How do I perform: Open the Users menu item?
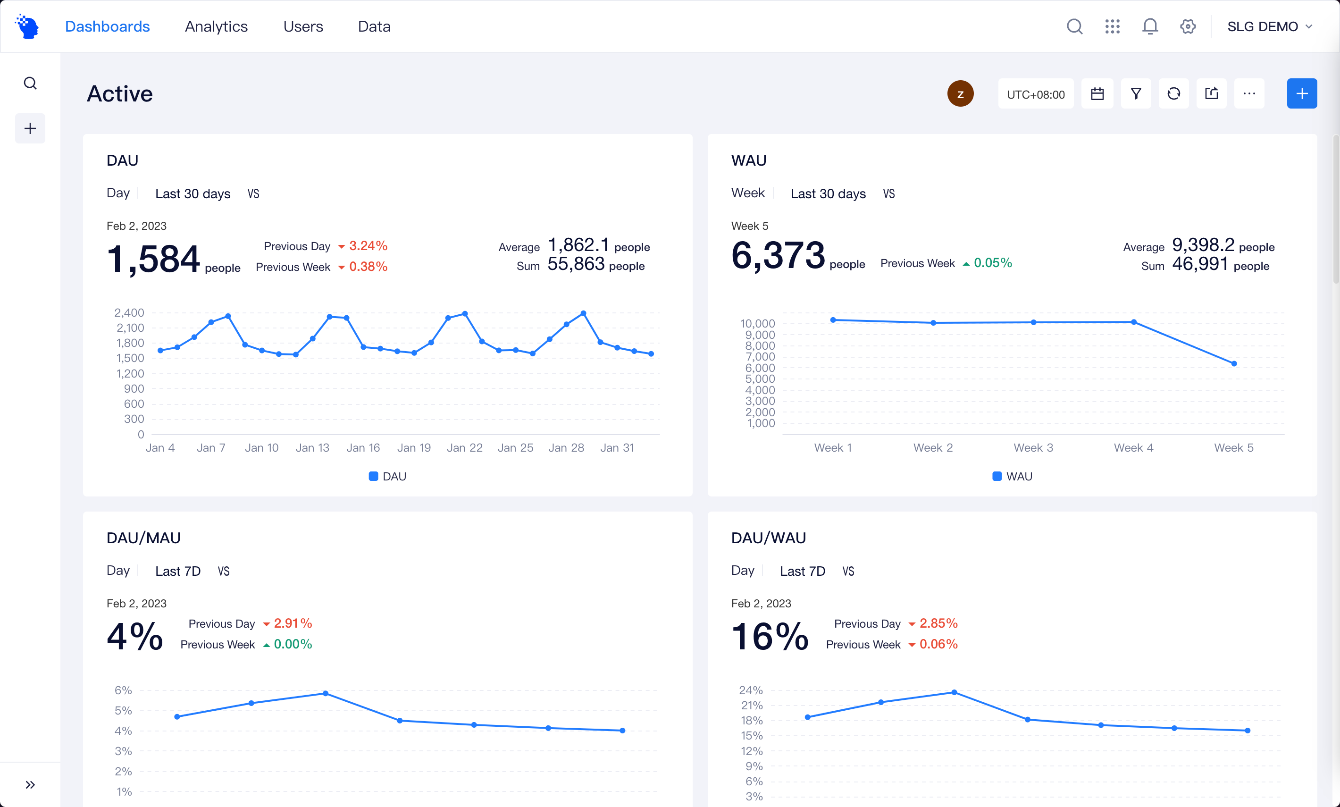tap(303, 26)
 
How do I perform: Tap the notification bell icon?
tap(1150, 26)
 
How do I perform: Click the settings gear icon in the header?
tap(1188, 26)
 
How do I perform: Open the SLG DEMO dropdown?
tap(1269, 26)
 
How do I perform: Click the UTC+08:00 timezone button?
tap(1035, 94)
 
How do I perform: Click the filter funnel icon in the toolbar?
tap(1136, 94)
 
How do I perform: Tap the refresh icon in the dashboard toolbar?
tap(1173, 94)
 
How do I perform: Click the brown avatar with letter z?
tap(960, 93)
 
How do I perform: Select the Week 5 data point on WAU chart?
tap(1234, 364)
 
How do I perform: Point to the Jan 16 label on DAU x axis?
tap(363, 447)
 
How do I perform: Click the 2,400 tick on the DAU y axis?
tap(129, 313)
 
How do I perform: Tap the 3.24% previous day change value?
tap(368, 246)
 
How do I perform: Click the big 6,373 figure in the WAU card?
tap(778, 256)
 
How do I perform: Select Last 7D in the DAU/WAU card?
tap(803, 571)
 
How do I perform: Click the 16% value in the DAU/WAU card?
tap(770, 636)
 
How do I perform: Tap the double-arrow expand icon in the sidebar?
tap(30, 784)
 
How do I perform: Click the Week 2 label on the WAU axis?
tap(933, 447)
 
